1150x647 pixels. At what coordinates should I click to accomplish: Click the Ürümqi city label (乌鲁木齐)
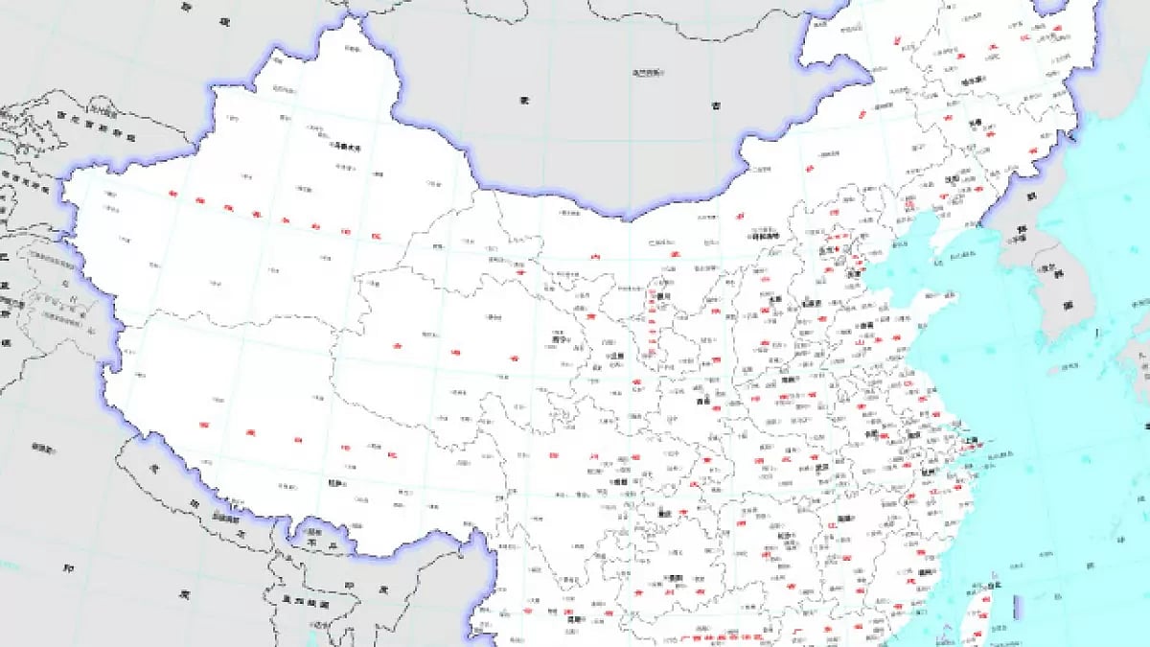tap(345, 147)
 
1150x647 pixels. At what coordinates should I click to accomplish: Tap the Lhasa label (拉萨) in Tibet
tap(336, 484)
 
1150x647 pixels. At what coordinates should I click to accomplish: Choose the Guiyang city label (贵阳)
tap(677, 579)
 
